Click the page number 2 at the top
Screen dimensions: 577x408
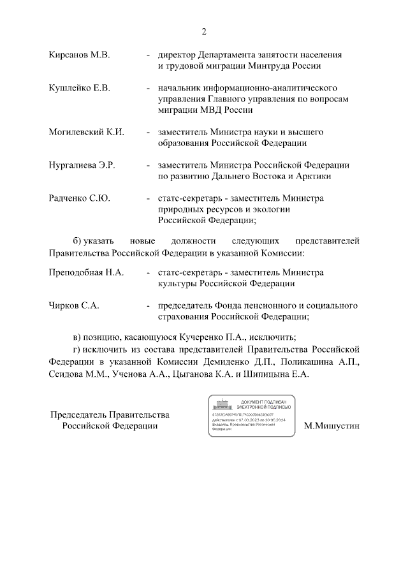tap(204, 31)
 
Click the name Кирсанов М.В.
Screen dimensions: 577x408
tap(80, 55)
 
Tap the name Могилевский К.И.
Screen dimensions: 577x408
tap(86, 132)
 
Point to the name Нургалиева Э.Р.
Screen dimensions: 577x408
tap(82, 165)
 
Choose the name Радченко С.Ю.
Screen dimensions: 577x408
tap(80, 198)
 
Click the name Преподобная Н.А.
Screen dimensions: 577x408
tap(86, 272)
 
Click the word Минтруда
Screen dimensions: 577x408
tap(275, 66)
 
